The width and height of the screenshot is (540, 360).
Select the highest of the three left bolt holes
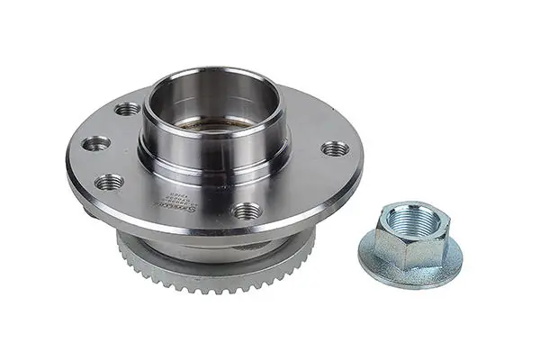click(x=128, y=109)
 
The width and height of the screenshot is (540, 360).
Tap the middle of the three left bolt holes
click(x=95, y=142)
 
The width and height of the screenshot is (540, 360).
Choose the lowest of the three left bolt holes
click(x=109, y=181)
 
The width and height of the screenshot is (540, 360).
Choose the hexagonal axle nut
click(x=410, y=237)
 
